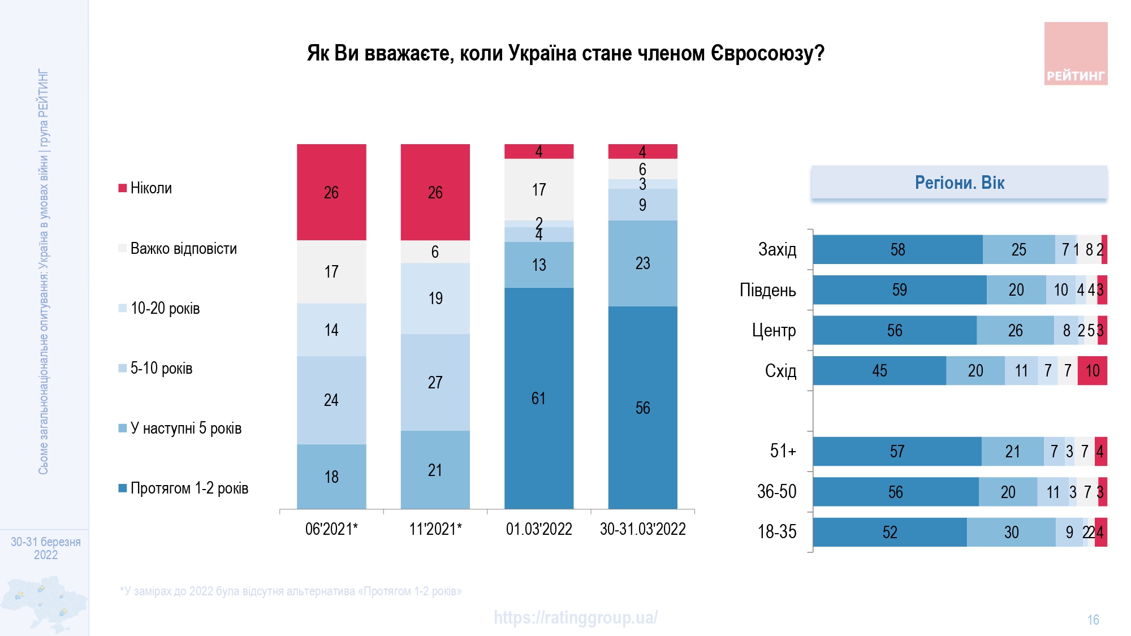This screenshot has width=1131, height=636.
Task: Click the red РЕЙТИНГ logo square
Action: tap(1075, 54)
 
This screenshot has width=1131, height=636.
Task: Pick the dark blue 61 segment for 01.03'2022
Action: tap(538, 398)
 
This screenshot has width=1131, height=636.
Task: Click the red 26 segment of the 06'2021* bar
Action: tap(331, 192)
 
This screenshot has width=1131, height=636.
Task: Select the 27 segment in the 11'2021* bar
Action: tap(435, 382)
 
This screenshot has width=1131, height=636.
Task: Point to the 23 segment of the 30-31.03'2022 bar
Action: tap(642, 263)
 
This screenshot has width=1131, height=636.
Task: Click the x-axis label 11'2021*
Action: tap(435, 529)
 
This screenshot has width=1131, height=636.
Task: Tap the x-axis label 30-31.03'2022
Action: tap(642, 529)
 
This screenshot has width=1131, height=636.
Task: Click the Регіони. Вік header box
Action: tap(959, 183)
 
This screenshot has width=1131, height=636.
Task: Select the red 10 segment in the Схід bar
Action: tap(1092, 371)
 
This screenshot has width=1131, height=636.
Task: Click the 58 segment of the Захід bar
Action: tap(897, 250)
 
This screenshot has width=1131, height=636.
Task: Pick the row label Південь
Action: tap(767, 290)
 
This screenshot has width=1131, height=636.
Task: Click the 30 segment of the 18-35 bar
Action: tap(1011, 532)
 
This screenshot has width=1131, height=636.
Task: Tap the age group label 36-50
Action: tap(776, 492)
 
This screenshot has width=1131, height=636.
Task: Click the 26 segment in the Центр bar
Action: tap(1015, 331)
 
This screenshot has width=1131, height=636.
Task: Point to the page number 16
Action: tap(1093, 620)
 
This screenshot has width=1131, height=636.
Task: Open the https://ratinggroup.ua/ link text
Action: tap(575, 617)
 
